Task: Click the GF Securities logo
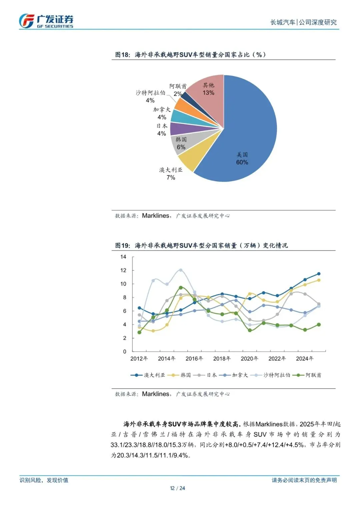46,21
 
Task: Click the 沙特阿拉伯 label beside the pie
150,93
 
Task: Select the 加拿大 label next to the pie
162,110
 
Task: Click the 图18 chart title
190,55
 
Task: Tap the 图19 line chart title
201,245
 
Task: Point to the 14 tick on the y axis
123,257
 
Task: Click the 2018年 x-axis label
222,358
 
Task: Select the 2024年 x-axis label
304,358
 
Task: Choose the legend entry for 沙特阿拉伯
271,375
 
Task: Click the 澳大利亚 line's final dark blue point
319,274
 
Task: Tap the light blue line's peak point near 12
181,270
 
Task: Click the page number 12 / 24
177,488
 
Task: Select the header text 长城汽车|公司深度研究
303,22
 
